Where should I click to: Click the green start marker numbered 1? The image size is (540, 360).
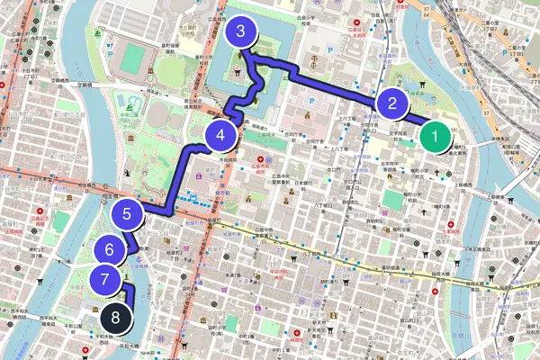(x=435, y=139)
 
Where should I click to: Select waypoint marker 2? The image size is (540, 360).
(x=389, y=103)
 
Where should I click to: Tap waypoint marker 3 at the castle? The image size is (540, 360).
(x=239, y=33)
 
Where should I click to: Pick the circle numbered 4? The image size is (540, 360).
(x=220, y=136)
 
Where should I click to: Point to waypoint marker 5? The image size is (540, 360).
(x=127, y=214)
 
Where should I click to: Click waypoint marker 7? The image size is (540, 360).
(x=105, y=279)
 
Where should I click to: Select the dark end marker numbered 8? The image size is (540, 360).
(x=115, y=316)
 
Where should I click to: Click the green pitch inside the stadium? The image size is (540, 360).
(x=133, y=59)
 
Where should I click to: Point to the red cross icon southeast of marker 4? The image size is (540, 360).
(x=256, y=154)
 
